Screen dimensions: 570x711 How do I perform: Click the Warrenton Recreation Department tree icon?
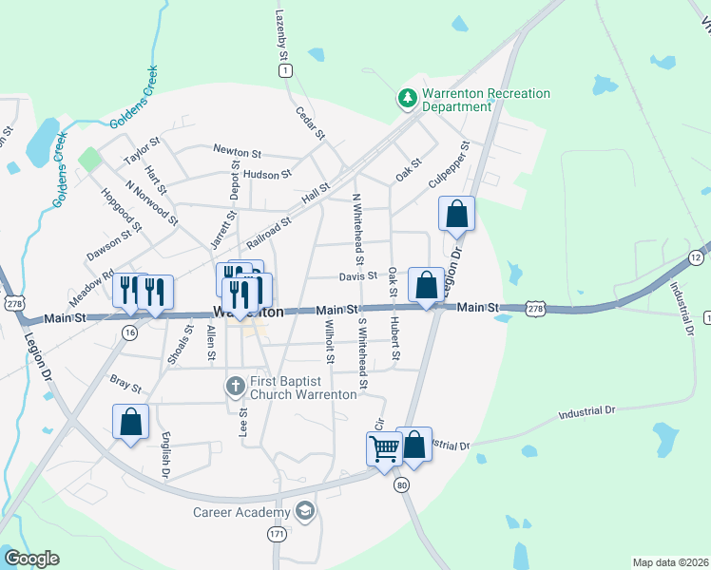(x=407, y=98)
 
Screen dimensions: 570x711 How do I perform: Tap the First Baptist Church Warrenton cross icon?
(x=236, y=386)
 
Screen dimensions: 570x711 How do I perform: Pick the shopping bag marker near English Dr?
(x=130, y=423)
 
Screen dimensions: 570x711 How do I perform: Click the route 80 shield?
(x=403, y=484)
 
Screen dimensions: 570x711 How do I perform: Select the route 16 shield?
(x=129, y=332)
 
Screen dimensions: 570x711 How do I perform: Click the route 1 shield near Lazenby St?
(x=286, y=70)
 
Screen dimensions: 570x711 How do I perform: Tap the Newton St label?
(x=237, y=152)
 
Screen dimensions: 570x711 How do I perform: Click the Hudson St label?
(x=267, y=175)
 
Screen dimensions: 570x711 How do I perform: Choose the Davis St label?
(x=357, y=276)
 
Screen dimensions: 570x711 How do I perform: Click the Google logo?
(x=31, y=559)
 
